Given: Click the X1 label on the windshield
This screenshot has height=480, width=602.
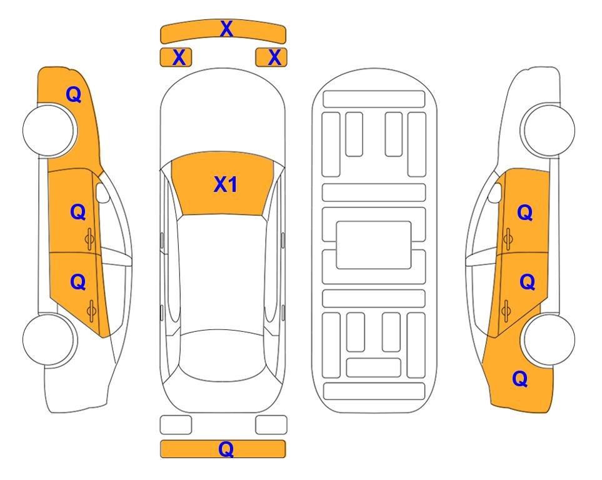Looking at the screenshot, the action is click(226, 184).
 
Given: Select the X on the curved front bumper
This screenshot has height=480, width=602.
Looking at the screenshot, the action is click(226, 29).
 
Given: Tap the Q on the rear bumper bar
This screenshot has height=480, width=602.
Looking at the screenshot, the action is click(226, 449).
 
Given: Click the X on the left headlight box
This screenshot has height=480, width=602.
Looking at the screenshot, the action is click(179, 57).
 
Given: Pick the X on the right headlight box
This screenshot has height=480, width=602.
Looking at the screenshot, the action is click(274, 57).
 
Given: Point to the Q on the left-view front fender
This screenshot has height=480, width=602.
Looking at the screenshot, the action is click(74, 94).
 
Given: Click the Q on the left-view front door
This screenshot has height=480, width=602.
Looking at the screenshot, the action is click(78, 212).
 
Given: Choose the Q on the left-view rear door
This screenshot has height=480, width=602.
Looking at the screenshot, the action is click(78, 282).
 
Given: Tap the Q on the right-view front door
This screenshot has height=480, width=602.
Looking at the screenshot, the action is click(525, 212).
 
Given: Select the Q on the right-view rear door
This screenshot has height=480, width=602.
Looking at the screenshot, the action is click(527, 282).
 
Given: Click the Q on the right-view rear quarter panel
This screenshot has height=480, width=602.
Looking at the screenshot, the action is click(520, 379).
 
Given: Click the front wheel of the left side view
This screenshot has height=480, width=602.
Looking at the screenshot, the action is click(49, 130).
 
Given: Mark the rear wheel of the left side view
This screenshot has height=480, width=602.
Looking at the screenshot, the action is click(49, 339).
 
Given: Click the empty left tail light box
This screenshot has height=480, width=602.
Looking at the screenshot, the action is click(176, 425).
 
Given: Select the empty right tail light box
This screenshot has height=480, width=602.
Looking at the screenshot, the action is click(271, 425).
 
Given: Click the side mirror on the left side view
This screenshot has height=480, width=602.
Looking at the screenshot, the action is click(103, 192).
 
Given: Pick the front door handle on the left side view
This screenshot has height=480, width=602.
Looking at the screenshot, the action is click(89, 239).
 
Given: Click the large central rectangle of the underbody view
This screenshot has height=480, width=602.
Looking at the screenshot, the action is click(374, 245).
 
